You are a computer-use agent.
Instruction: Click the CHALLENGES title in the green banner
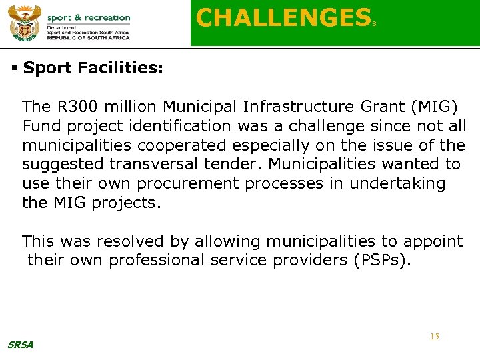point(283,18)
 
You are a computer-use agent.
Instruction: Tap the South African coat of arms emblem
point(25,23)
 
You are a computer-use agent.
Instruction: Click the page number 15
point(434,337)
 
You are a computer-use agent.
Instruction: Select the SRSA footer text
point(20,345)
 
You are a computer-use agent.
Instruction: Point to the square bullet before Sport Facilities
point(14,68)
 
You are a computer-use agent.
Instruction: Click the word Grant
point(385,107)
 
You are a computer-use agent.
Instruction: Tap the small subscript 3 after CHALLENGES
point(375,24)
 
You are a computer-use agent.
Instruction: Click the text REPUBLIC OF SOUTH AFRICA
point(89,38)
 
